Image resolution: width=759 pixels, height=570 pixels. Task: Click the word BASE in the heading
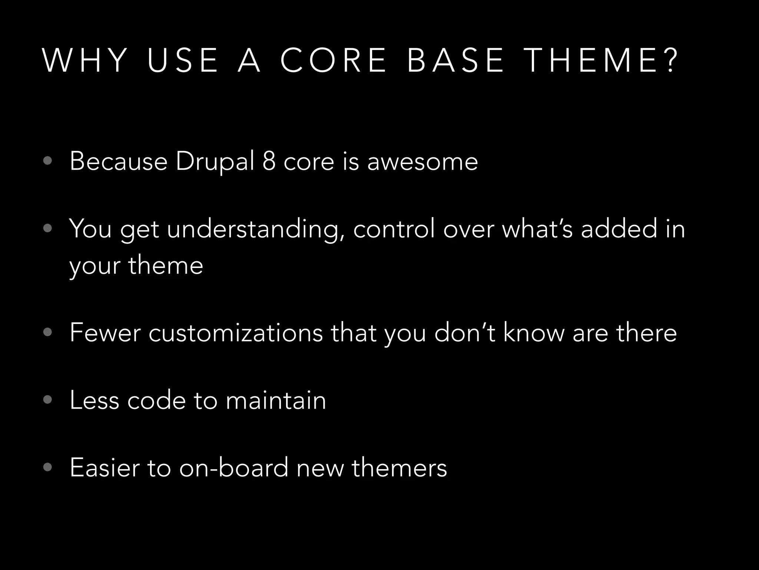coord(456,60)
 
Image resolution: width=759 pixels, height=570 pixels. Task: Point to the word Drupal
coord(215,162)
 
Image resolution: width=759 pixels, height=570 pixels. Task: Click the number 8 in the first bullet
coord(269,162)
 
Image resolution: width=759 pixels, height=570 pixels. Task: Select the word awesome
coord(422,162)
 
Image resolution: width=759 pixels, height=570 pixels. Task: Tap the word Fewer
coord(105,333)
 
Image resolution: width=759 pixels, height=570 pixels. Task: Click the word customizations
coord(236,333)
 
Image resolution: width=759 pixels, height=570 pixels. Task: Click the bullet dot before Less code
coord(47,400)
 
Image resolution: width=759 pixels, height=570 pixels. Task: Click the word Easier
coord(105,468)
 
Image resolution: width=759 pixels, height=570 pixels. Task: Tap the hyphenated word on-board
coord(233,468)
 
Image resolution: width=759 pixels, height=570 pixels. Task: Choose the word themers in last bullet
coord(399,468)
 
